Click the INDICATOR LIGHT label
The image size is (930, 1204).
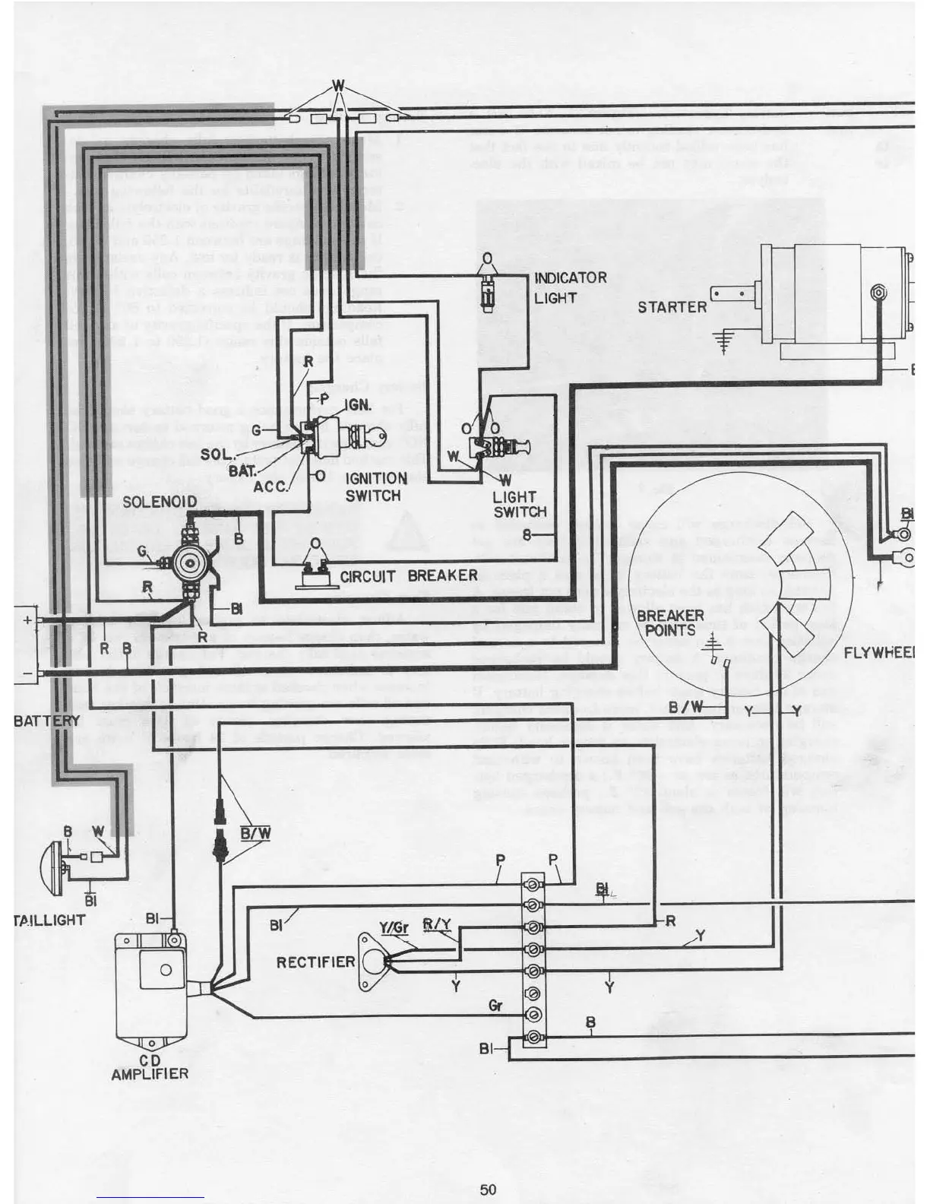[x=570, y=287]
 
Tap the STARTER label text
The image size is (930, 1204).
[x=672, y=307]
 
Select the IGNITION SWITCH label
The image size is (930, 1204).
[x=375, y=486]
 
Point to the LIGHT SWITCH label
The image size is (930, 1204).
[x=519, y=504]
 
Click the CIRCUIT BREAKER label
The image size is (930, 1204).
[x=409, y=575]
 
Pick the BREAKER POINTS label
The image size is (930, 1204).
[x=669, y=622]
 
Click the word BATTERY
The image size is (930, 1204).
[x=47, y=720]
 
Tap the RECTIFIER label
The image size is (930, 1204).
[x=315, y=962]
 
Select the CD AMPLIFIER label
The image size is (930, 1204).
[x=150, y=1067]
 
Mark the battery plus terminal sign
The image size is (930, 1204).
[x=28, y=619]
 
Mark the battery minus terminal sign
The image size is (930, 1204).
[x=27, y=673]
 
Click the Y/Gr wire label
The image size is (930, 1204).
[x=394, y=927]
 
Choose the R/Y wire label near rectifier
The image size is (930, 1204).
[x=437, y=924]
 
